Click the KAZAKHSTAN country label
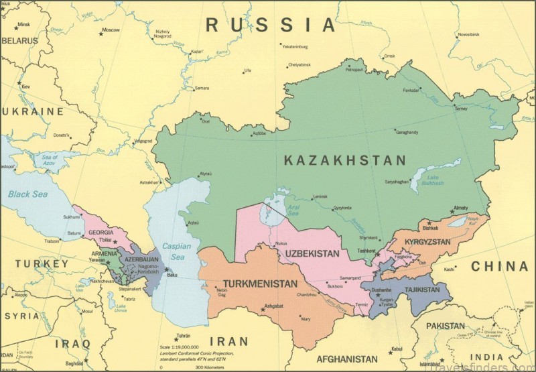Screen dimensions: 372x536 point(344,160)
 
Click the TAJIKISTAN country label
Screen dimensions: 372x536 point(421,290)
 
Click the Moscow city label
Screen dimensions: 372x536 point(111,30)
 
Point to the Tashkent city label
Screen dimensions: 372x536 point(366,251)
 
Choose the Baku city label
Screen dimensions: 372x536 point(172,275)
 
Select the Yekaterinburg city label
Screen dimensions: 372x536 point(294,46)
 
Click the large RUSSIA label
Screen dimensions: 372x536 point(269,25)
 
